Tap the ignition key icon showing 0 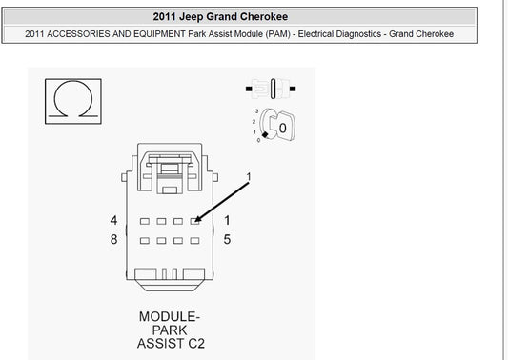click(277, 126)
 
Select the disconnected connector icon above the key click(271, 89)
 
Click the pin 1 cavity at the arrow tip click(194, 221)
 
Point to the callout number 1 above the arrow click(249, 177)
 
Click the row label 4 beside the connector click(113, 220)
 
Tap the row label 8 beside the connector click(113, 240)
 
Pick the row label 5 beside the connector click(227, 240)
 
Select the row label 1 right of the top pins click(227, 220)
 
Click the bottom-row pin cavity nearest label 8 click(145, 241)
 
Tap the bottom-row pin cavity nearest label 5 click(194, 241)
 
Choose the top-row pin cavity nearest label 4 click(145, 221)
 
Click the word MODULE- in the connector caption click(170, 316)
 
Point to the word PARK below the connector click(170, 330)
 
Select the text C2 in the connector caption click(196, 344)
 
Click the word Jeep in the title click(192, 17)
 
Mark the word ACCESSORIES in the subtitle click(78, 34)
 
